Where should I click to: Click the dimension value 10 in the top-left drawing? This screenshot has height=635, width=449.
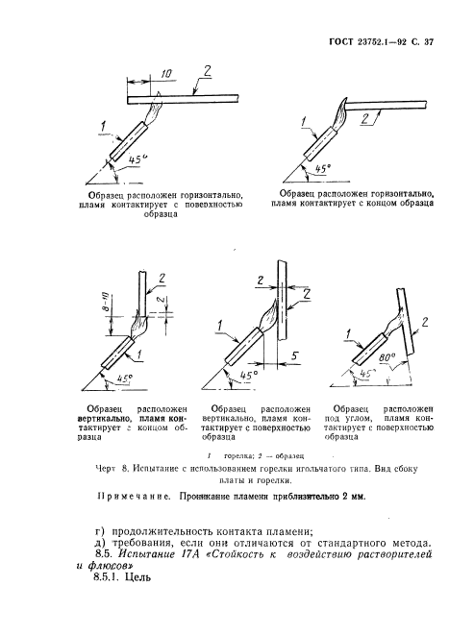(x=167, y=74)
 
